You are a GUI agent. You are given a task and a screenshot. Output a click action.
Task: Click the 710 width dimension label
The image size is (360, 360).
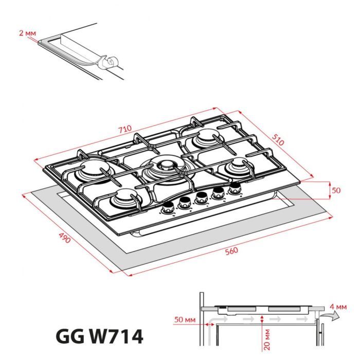click(x=125, y=129)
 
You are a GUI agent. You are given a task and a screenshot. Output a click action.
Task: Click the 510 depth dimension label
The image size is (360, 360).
click(x=278, y=140)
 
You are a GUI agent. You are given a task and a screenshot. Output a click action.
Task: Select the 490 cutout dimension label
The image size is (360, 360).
click(x=63, y=239)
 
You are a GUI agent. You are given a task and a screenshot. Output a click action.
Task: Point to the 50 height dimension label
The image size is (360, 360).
click(x=336, y=190)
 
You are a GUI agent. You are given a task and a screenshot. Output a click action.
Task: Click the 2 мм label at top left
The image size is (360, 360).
click(x=27, y=33)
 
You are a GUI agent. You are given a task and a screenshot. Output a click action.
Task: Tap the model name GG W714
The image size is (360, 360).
click(x=99, y=337)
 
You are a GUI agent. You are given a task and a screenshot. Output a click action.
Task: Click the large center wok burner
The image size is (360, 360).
click(x=167, y=166)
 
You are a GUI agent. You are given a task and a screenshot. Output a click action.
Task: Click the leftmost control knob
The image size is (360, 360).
click(x=168, y=208)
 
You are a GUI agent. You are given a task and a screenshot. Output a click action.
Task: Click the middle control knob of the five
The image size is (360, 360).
click(x=202, y=199)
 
